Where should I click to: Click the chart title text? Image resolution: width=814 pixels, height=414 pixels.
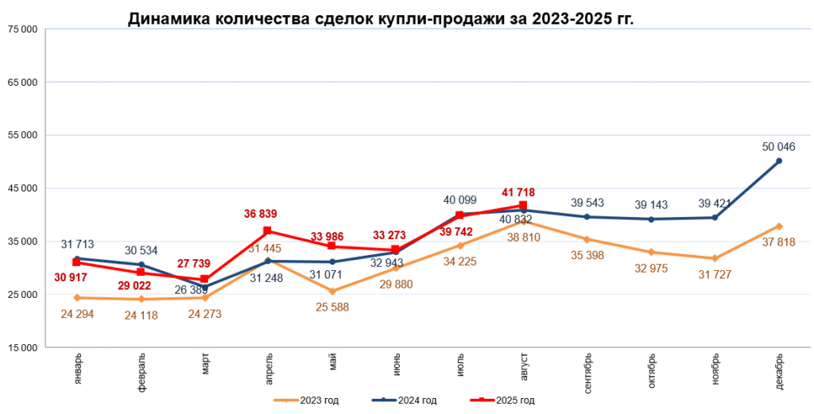coord(381,19)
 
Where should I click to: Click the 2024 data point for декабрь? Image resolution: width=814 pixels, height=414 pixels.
coord(778,161)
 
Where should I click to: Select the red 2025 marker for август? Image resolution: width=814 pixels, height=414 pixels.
coord(523,205)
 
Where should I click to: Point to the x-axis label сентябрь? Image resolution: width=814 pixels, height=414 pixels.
coord(587,373)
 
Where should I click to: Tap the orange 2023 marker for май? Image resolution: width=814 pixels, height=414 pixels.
coord(332,291)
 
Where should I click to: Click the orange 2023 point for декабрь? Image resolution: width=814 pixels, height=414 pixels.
coord(779,226)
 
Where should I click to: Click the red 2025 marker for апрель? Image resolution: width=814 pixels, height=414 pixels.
coord(268,230)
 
